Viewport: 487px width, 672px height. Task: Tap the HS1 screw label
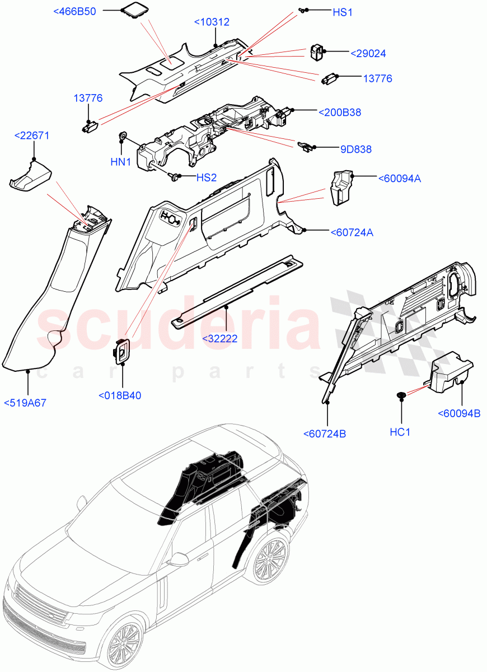click(343, 12)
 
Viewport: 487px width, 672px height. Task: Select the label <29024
click(368, 54)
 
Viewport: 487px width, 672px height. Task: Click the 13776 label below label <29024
click(378, 79)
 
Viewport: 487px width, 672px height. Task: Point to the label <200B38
click(339, 113)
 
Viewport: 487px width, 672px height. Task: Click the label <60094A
click(399, 179)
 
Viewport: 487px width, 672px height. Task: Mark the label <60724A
click(352, 232)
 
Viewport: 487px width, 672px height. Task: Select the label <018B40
click(119, 395)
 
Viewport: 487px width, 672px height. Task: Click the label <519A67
click(25, 403)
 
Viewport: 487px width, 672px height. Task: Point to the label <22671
click(32, 136)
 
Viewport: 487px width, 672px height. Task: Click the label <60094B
click(459, 414)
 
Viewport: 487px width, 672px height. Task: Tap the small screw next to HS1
click(302, 11)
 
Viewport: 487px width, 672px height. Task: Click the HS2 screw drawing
click(175, 176)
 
